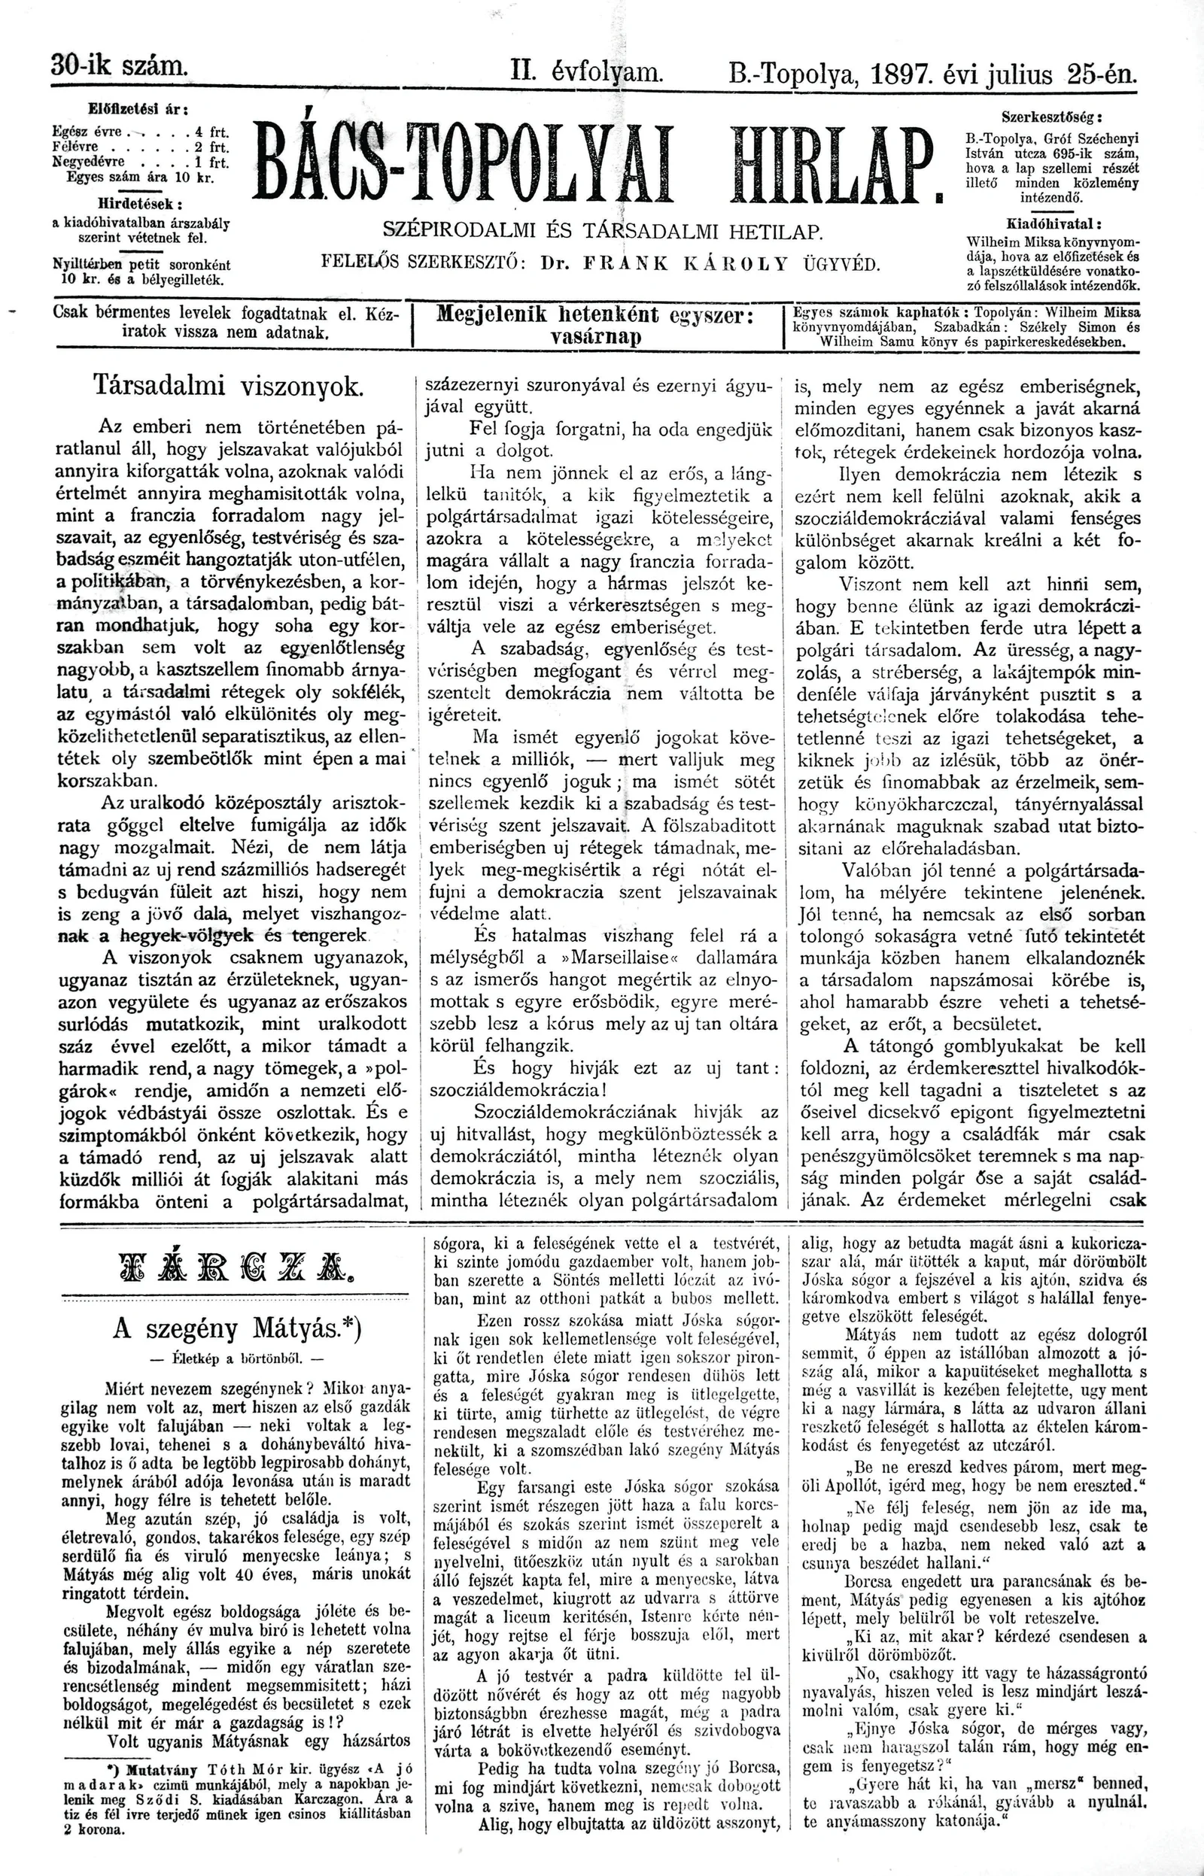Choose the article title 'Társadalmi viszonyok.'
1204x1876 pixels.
coord(228,385)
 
